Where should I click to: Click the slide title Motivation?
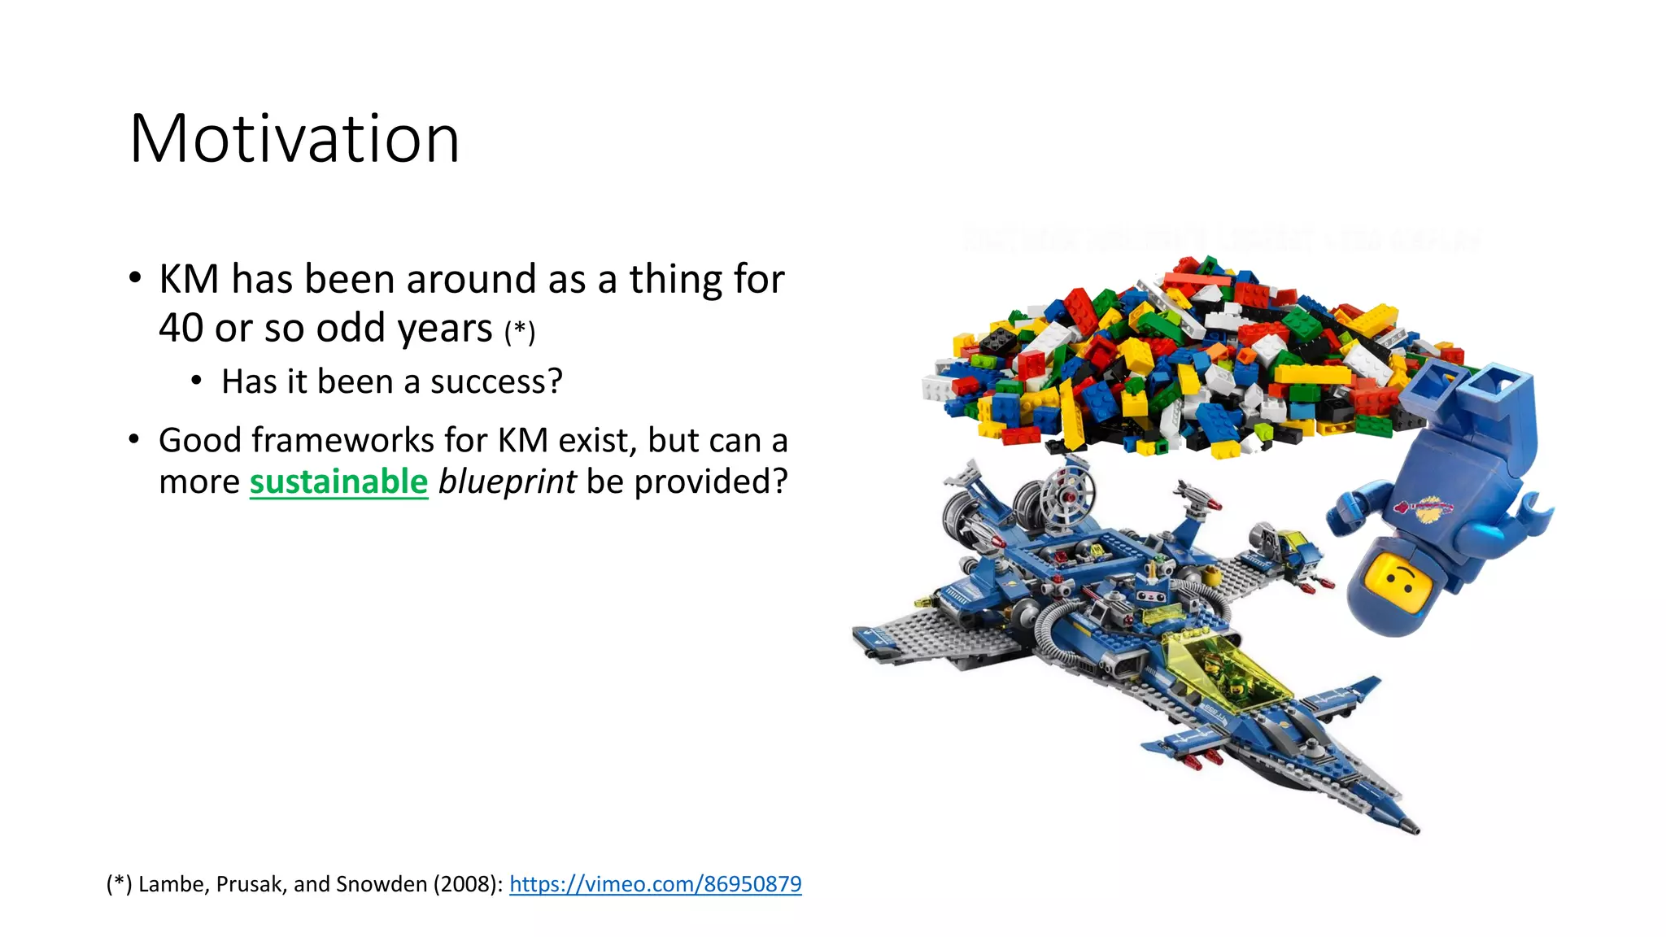coord(294,139)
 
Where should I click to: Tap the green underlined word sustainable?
coord(338,482)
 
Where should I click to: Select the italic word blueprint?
coord(507,482)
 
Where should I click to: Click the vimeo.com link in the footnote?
coord(655,884)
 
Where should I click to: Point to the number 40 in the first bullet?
coord(181,329)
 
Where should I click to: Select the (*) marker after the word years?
coord(520,332)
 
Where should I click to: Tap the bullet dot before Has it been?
coord(196,381)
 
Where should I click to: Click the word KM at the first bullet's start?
coord(189,279)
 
